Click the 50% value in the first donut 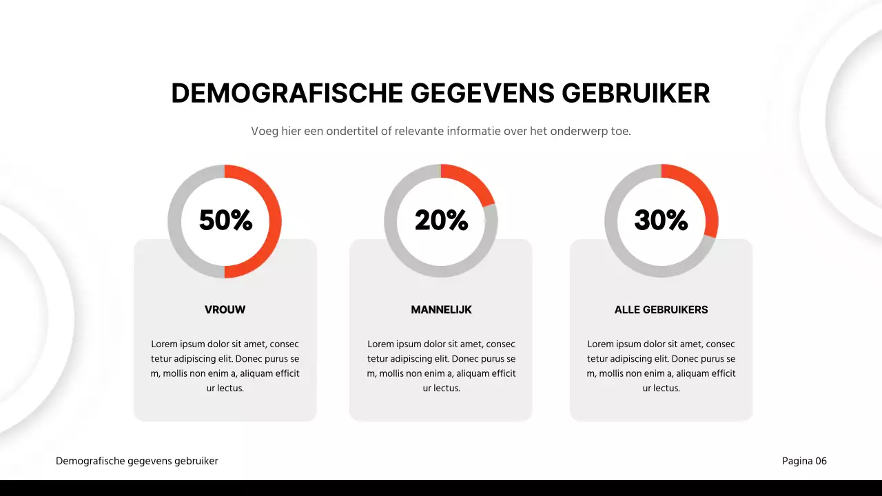(225, 220)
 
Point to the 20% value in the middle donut (441, 220)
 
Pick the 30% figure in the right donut (661, 220)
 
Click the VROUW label (225, 310)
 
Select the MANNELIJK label (441, 310)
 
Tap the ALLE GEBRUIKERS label (661, 310)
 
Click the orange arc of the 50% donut (274, 220)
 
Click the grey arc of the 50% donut (175, 220)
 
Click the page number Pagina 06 (804, 461)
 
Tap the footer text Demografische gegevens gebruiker (137, 461)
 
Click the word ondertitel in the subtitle (358, 131)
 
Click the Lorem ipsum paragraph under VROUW (225, 366)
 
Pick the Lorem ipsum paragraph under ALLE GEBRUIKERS (661, 366)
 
